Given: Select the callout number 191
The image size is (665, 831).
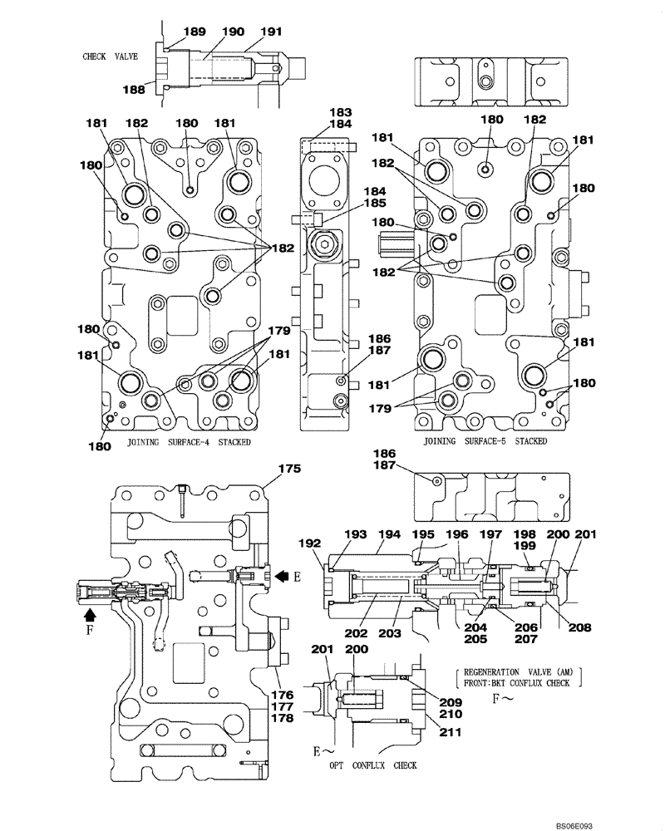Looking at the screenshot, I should [272, 32].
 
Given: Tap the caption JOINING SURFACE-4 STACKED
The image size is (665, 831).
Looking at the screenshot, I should [189, 442].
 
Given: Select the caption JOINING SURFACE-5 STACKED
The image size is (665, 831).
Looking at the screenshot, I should [485, 441].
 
